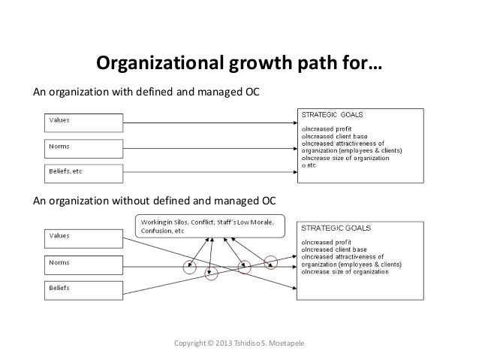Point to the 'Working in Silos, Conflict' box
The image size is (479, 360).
(x=209, y=225)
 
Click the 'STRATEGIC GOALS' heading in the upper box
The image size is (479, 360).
(x=332, y=116)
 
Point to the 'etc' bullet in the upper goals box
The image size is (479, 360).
(x=309, y=165)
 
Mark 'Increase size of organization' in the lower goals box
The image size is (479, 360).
(x=346, y=271)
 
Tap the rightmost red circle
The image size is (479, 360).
(x=270, y=260)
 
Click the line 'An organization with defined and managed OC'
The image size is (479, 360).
(x=147, y=92)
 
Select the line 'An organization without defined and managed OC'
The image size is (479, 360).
(x=155, y=201)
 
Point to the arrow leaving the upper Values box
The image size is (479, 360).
(x=210, y=121)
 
